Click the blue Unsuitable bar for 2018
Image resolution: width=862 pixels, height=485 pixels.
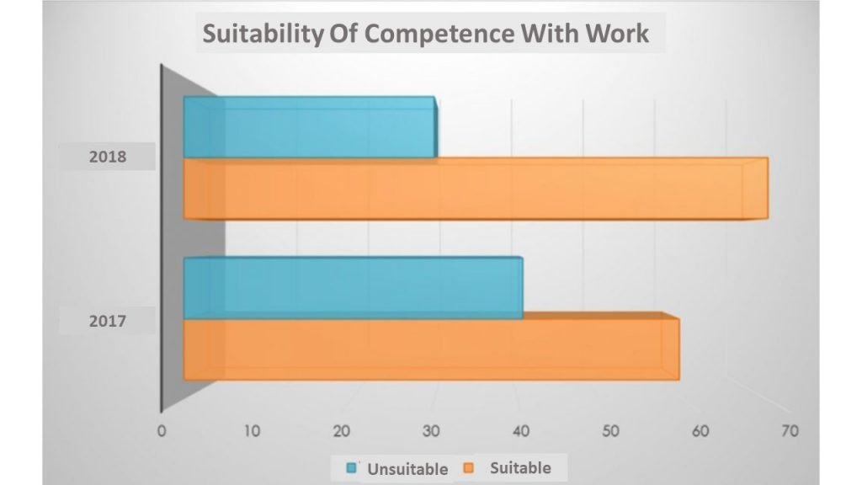(x=309, y=127)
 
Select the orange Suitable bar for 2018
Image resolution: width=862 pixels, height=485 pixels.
(x=475, y=189)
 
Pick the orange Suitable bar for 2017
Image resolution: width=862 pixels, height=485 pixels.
(x=430, y=349)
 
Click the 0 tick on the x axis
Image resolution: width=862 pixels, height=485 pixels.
(x=161, y=431)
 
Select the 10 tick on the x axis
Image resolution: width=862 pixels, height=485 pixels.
(x=252, y=431)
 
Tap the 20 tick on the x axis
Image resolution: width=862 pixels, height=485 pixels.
(x=341, y=431)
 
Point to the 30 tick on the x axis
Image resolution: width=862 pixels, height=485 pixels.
(x=431, y=431)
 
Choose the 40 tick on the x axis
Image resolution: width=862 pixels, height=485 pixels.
(x=521, y=431)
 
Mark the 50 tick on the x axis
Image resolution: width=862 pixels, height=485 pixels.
(x=611, y=431)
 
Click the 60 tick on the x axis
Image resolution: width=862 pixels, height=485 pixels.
(x=700, y=431)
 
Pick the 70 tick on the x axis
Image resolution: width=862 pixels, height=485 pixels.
(x=790, y=431)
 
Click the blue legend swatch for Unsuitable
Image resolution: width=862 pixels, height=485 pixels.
(x=352, y=468)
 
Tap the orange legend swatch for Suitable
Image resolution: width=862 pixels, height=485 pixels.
(x=471, y=467)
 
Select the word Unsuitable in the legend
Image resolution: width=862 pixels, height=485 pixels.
(x=407, y=469)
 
